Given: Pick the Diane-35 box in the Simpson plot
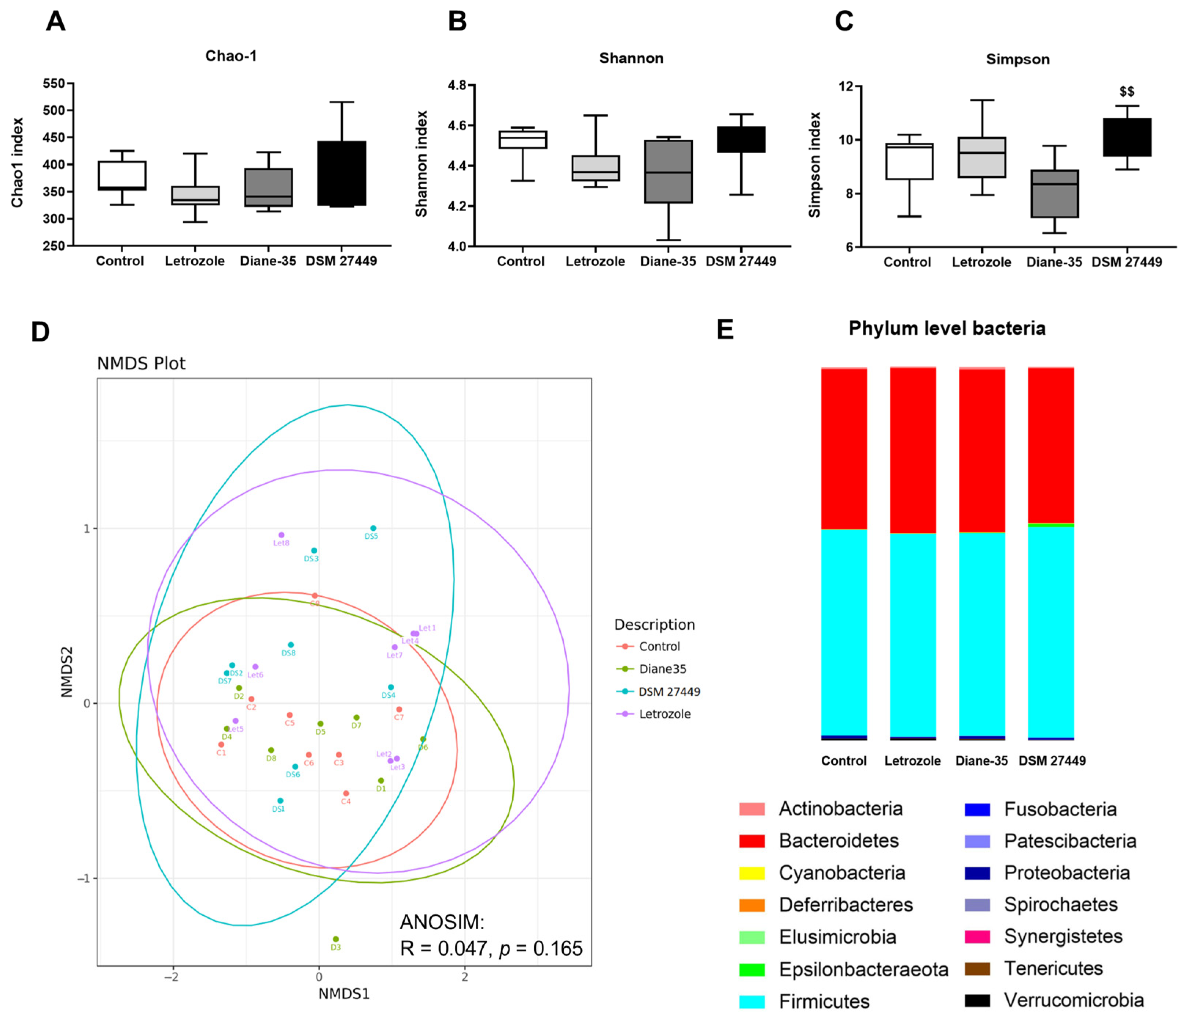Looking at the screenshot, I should click(1054, 194).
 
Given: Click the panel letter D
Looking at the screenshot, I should click(40, 332).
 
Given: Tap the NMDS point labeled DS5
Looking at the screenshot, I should click(373, 528).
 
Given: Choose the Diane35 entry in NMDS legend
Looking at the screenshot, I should click(663, 669).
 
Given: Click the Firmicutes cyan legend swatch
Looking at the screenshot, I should click(752, 1002).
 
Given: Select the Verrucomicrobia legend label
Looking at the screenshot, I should click(1073, 1000).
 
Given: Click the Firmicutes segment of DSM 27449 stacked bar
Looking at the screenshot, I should click(1050, 632).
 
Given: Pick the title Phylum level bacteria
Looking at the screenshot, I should click(947, 329).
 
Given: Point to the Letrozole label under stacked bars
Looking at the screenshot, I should click(912, 761).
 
